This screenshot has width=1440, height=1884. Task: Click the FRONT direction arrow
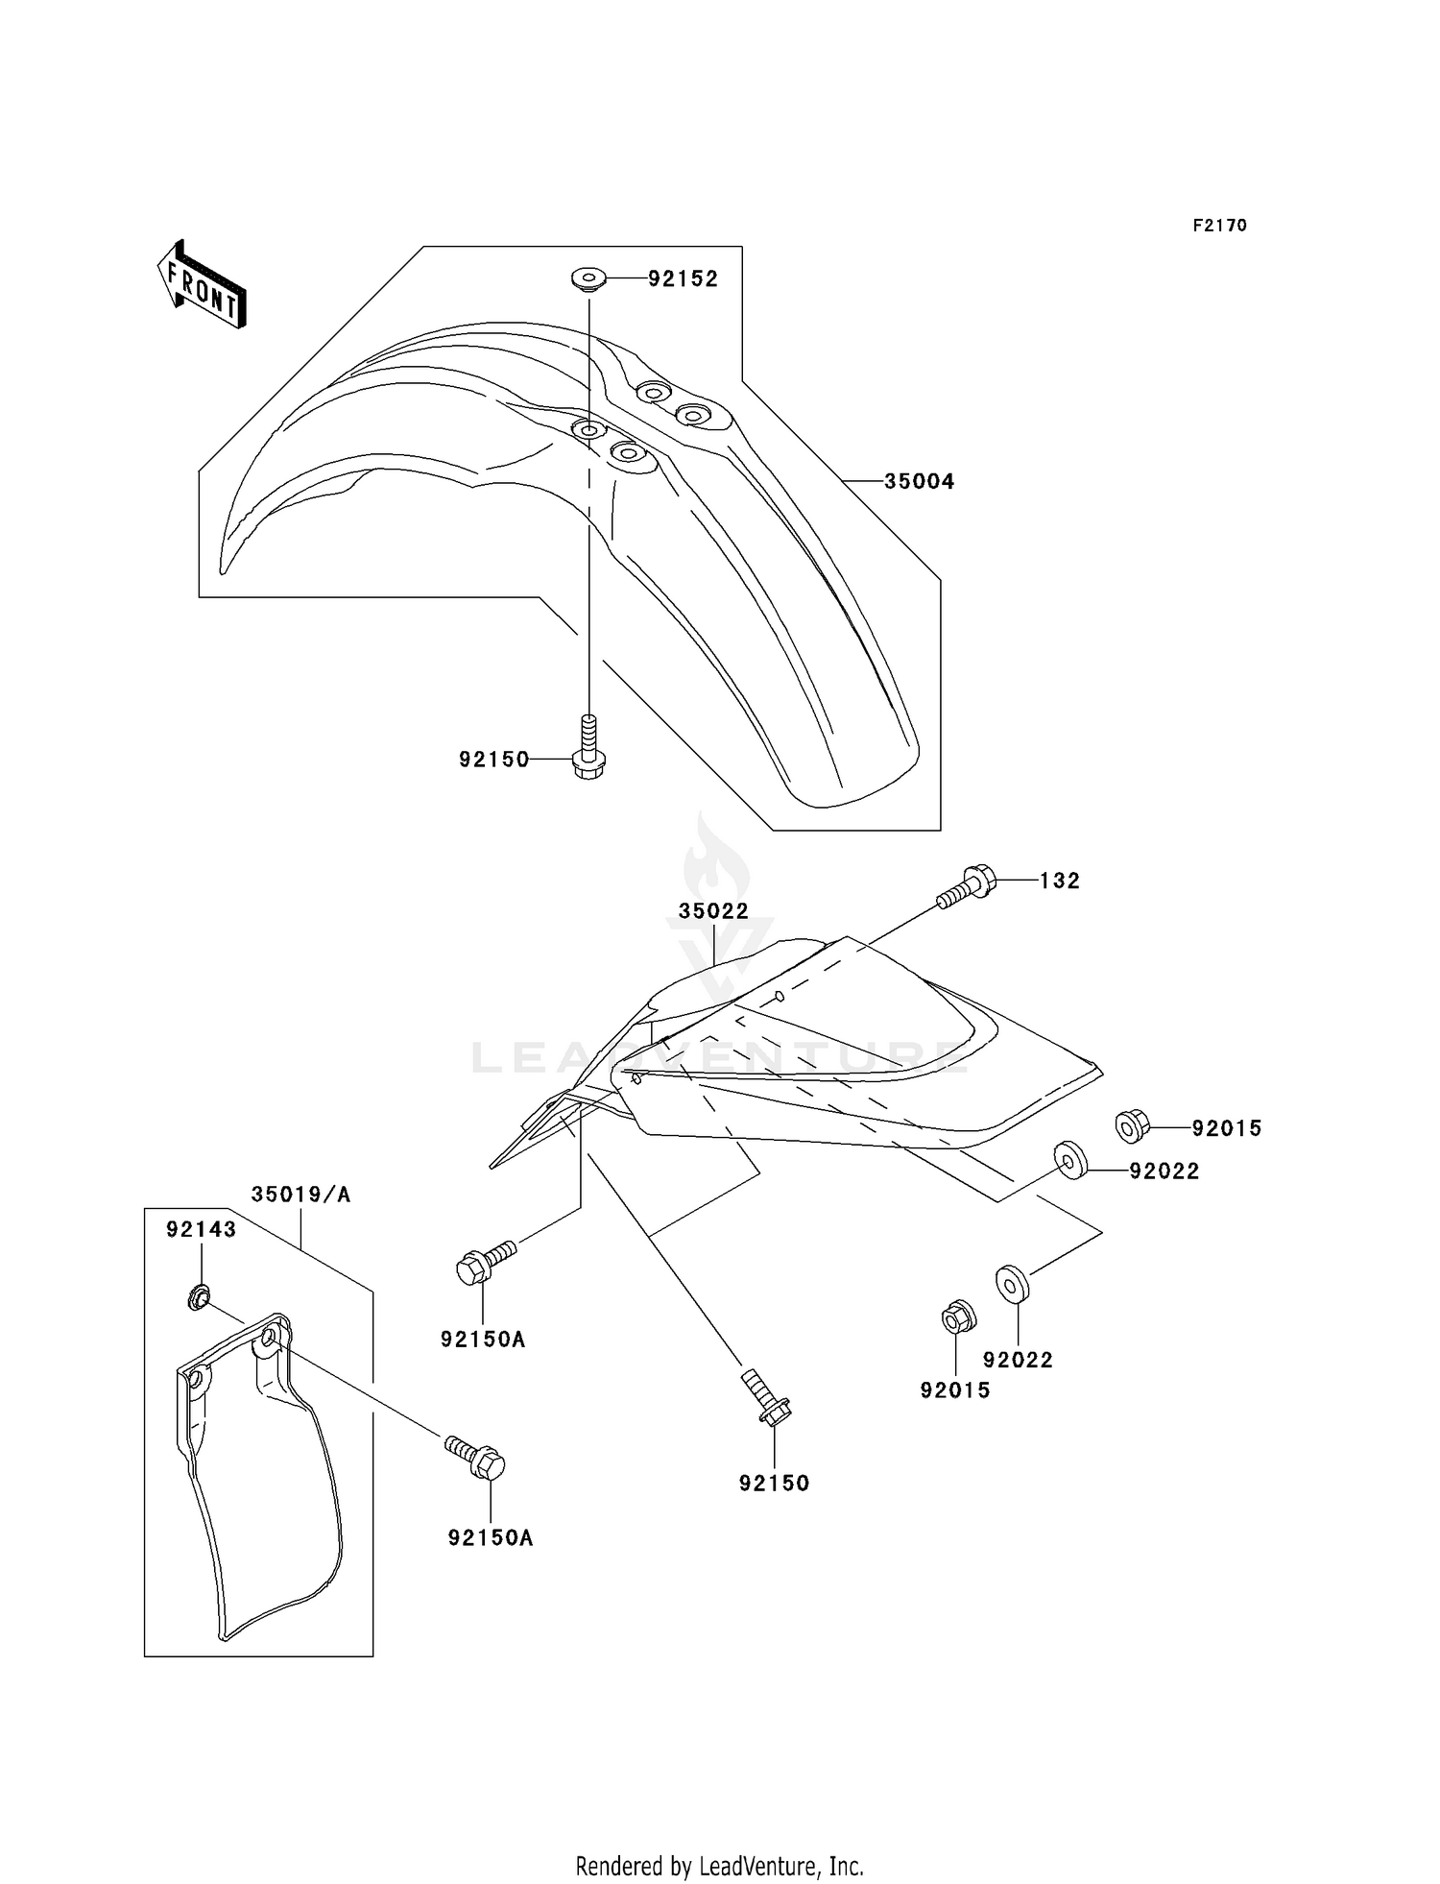[202, 285]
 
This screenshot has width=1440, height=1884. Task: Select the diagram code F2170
[1219, 226]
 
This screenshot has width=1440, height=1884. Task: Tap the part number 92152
[683, 278]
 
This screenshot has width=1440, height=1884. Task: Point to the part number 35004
[919, 481]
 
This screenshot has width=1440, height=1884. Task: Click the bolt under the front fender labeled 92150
[587, 751]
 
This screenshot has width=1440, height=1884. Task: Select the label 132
[1059, 881]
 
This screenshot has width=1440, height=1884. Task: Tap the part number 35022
[713, 911]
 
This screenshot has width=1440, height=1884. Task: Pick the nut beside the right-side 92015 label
[1133, 1125]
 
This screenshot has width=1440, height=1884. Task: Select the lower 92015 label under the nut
[954, 1390]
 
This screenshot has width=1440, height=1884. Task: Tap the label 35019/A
[300, 1195]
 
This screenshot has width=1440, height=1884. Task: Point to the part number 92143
[201, 1229]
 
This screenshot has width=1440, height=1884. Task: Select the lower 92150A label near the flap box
[490, 1537]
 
